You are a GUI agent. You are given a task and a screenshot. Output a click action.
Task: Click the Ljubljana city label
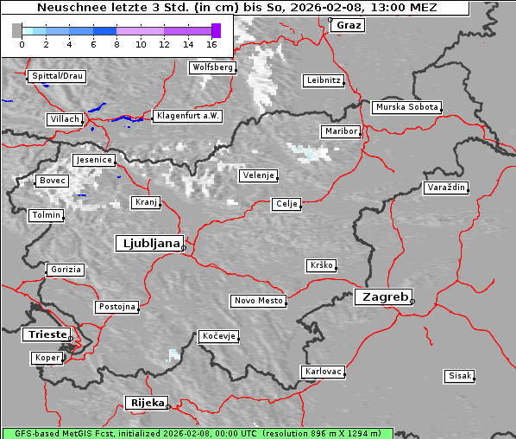click(148, 244)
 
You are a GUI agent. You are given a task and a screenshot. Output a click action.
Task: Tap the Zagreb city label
click(382, 296)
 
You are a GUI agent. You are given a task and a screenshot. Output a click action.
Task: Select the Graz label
click(349, 25)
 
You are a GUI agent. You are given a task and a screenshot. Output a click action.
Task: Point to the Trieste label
click(46, 334)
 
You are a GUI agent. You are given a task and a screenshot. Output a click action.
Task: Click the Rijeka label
click(147, 403)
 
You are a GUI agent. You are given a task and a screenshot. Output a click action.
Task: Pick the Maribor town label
click(340, 131)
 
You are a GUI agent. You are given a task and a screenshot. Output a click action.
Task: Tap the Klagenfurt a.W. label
click(187, 116)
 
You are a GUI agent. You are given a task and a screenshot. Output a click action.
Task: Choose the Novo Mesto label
click(258, 301)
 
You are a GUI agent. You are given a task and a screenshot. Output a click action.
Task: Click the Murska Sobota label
click(406, 108)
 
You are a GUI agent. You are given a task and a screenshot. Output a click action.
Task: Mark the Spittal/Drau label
click(57, 76)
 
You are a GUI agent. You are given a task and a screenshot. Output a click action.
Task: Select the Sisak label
click(459, 376)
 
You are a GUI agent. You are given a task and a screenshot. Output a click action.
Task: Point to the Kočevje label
click(219, 336)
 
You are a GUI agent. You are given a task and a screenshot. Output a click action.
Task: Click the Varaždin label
click(446, 188)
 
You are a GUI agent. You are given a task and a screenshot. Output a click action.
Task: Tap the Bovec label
click(52, 181)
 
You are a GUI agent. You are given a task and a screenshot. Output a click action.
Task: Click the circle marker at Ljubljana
click(184, 247)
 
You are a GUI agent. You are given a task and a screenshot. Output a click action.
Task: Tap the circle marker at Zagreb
click(412, 301)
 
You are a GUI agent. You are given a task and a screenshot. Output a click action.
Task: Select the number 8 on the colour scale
click(116, 44)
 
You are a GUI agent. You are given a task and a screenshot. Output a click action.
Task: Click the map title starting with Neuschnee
click(237, 8)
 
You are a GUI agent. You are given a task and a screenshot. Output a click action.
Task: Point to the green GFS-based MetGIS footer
click(198, 433)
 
